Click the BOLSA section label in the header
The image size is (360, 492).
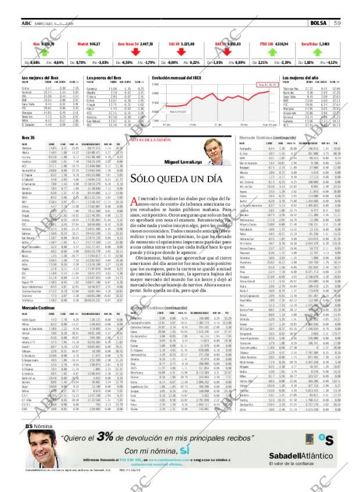coord(318,23)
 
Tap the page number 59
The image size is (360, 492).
coord(337,23)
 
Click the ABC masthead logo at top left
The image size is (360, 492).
coord(27,23)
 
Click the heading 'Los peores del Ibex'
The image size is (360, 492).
coord(103,78)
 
